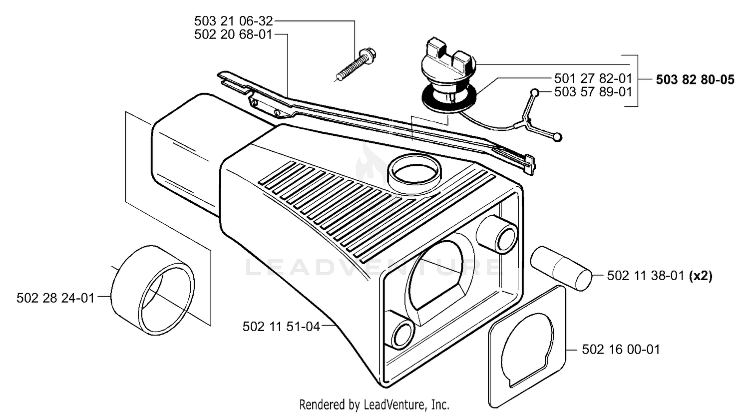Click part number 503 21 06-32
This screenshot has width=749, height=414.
click(233, 21)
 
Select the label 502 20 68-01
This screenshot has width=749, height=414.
click(233, 34)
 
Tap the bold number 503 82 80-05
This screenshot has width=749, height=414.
click(695, 79)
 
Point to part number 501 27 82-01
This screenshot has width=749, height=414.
click(593, 78)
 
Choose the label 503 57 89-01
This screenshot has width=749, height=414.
click(593, 92)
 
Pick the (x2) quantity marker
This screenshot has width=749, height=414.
click(701, 276)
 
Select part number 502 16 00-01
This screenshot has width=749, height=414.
click(621, 350)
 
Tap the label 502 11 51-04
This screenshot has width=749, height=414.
click(282, 327)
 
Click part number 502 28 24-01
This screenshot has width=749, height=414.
click(55, 298)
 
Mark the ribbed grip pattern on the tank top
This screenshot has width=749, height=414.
click(374, 211)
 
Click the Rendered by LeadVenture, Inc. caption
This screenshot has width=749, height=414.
click(374, 405)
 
